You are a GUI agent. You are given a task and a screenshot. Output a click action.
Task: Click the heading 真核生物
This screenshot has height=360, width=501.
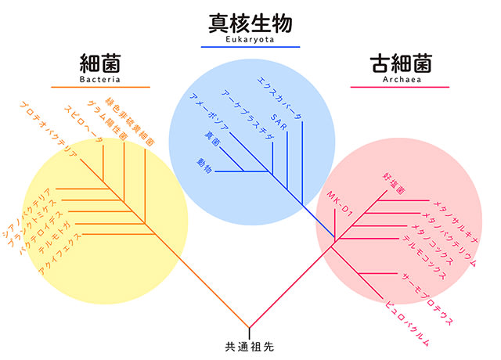tap(251, 23)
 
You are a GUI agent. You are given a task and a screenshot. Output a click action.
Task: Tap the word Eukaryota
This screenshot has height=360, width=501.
tap(251, 40)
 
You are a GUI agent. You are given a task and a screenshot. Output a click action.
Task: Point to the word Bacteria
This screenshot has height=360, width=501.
tap(100, 78)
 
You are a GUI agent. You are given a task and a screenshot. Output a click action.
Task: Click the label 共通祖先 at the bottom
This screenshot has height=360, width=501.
tap(250, 344)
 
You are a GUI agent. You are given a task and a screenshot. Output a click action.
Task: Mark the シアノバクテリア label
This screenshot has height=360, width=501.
tap(27, 211)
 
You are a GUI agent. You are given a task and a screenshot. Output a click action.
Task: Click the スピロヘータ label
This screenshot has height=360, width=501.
tap(82, 125)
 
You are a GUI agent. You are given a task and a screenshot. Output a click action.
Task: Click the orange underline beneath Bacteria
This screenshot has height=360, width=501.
tap(100, 86)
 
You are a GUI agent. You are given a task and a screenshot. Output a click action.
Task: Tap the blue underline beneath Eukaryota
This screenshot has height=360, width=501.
tap(251, 47)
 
